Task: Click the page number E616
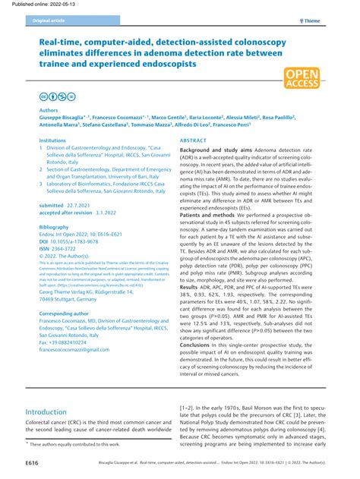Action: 32,462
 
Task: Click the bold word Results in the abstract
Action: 190,288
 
